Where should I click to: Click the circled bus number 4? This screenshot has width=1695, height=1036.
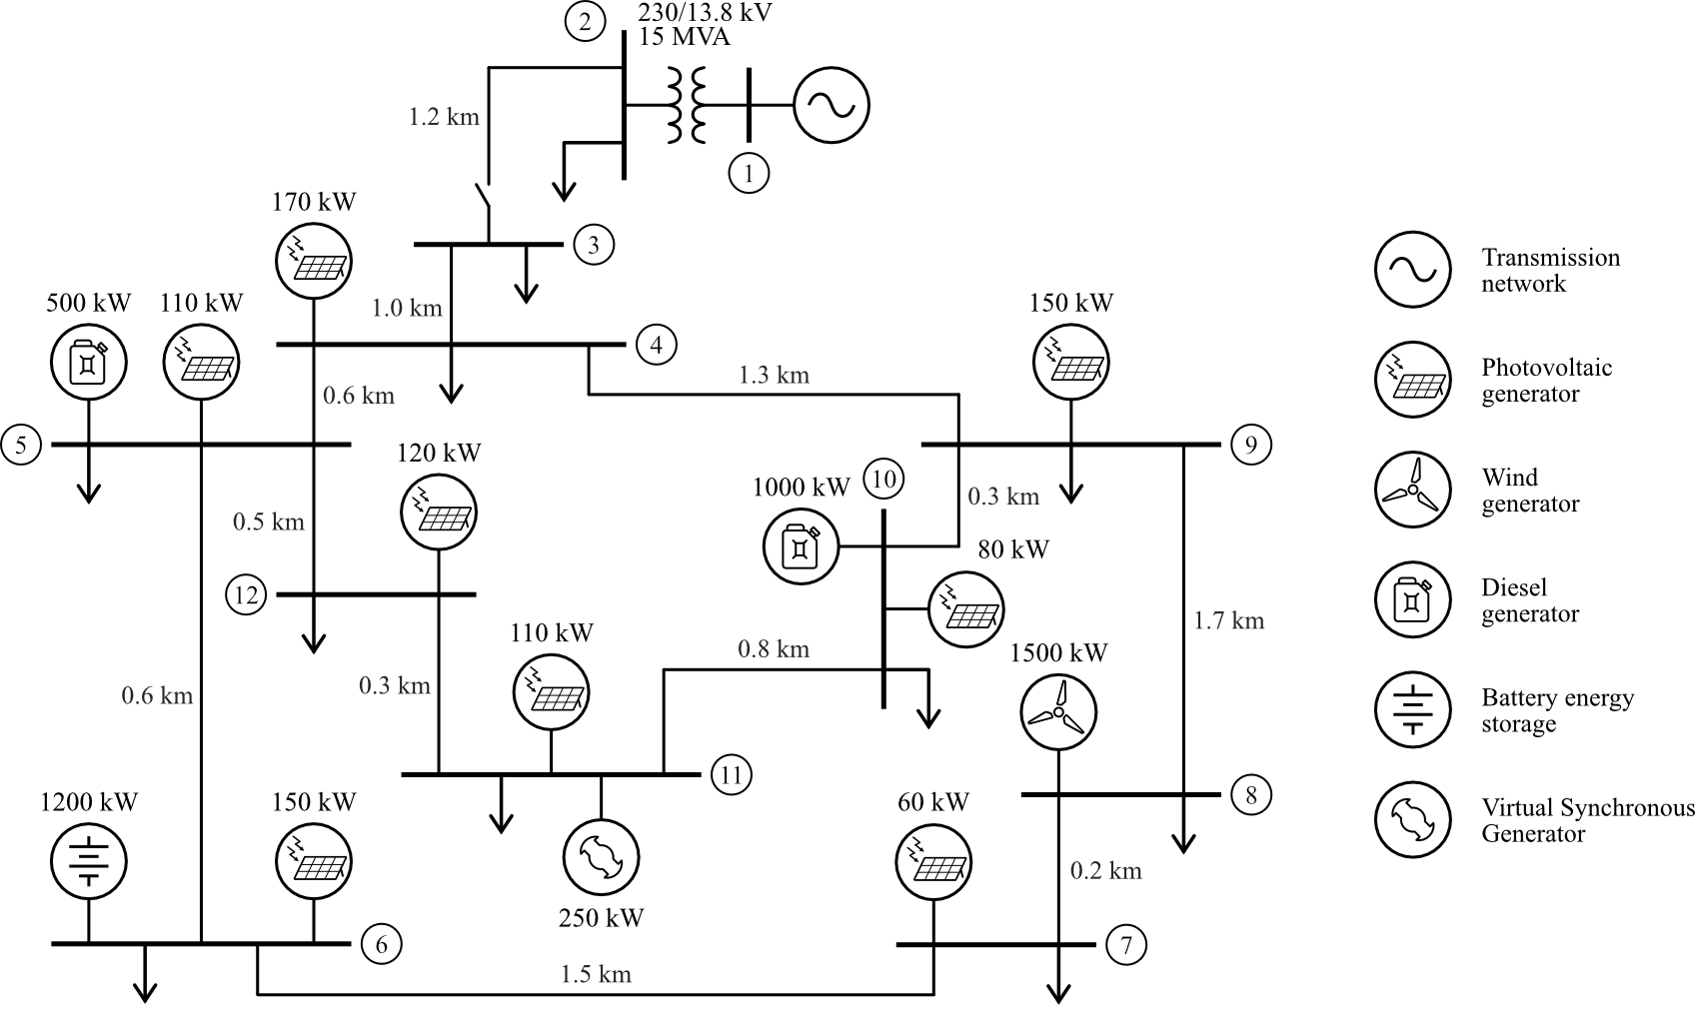(x=657, y=346)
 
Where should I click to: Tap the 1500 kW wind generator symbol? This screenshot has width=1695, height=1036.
(x=1058, y=712)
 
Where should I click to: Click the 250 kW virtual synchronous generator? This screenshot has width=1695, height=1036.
(x=601, y=856)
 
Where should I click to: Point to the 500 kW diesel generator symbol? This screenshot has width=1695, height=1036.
(x=89, y=363)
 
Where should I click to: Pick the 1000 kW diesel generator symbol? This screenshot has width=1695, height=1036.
(x=802, y=546)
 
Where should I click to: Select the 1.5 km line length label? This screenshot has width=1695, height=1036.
(x=596, y=974)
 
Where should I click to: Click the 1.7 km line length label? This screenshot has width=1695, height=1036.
(x=1228, y=621)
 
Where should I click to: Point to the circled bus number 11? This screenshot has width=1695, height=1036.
(x=732, y=775)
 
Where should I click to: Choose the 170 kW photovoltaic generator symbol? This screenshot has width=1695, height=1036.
(x=314, y=261)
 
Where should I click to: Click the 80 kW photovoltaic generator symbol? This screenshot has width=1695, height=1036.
(x=966, y=608)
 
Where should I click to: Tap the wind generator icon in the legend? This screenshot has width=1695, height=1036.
(x=1412, y=490)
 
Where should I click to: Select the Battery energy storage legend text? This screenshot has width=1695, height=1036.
(x=1557, y=710)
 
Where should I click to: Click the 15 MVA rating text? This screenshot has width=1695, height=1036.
(x=685, y=38)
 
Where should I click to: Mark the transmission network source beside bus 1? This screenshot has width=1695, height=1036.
(x=831, y=105)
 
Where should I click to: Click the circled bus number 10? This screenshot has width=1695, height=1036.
(x=883, y=480)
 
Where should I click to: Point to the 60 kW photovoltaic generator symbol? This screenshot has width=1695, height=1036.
(x=933, y=862)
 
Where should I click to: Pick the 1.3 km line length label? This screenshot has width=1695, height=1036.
(x=774, y=376)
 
